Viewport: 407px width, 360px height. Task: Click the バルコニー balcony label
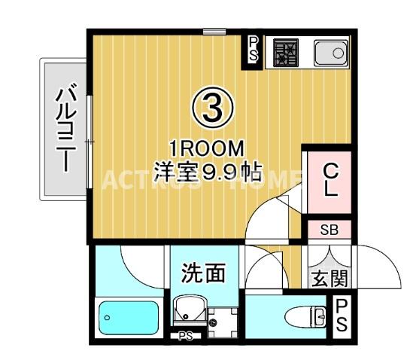coord(65,130)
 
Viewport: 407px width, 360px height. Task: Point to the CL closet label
coord(330,180)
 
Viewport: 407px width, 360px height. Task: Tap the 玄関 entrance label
coord(329,279)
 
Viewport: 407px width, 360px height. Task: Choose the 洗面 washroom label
coord(203,273)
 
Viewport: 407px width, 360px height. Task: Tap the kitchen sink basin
coord(329,53)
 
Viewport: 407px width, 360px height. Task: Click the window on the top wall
coord(214,31)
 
